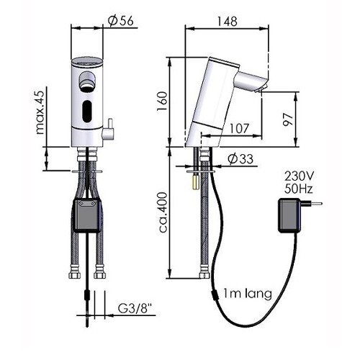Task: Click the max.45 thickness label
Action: tap(40, 113)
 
